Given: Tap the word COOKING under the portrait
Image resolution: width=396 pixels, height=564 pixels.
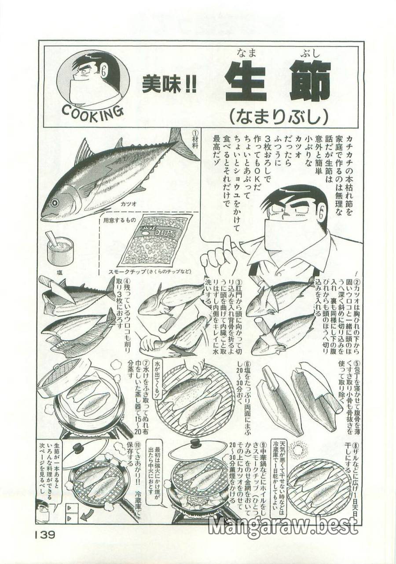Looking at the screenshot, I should point(92,111).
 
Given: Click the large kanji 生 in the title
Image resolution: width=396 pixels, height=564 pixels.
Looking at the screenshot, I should point(246,81).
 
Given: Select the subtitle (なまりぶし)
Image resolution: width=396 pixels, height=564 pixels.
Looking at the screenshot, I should point(279,115).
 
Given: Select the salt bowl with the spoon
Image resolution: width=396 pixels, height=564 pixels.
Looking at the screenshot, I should point(60,249).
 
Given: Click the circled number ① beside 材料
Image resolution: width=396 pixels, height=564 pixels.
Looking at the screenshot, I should point(196,133).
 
